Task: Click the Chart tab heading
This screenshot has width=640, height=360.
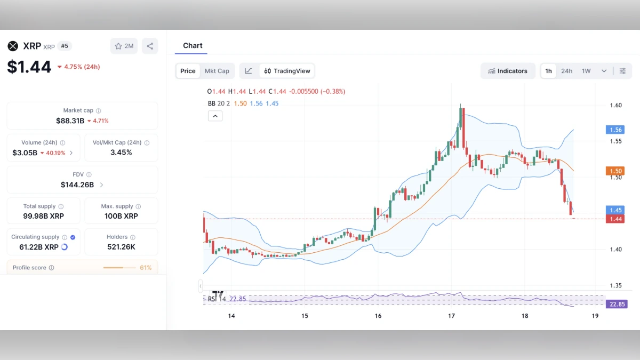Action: [193, 46]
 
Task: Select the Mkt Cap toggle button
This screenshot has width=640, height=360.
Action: [217, 71]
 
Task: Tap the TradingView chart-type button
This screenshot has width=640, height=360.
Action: [287, 71]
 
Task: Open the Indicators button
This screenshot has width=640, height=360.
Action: [508, 71]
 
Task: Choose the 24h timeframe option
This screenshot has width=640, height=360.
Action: [566, 71]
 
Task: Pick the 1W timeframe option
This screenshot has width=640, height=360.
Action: [586, 71]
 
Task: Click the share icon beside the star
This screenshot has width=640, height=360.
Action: [150, 46]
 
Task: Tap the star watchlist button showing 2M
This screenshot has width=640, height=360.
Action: [124, 46]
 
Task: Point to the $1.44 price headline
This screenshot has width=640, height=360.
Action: [29, 67]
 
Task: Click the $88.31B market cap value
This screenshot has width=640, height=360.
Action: [70, 121]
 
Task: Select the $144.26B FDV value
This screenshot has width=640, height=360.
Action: [77, 185]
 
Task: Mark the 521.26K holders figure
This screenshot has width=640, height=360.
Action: [121, 247]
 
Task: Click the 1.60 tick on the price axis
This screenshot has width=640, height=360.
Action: [615, 105]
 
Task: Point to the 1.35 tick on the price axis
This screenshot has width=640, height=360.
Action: [615, 286]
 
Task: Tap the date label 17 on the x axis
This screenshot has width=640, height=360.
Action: [451, 316]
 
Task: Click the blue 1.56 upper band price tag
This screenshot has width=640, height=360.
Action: [616, 130]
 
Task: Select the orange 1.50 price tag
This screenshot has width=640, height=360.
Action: [616, 171]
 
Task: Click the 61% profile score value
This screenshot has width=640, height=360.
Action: [146, 268]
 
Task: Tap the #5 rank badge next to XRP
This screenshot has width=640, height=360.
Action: [65, 46]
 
